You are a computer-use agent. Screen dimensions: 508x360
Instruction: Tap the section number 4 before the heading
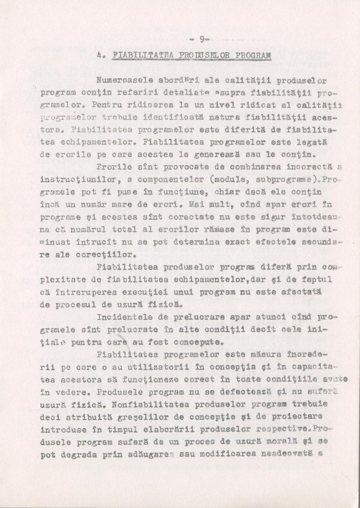[x=100, y=55]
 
